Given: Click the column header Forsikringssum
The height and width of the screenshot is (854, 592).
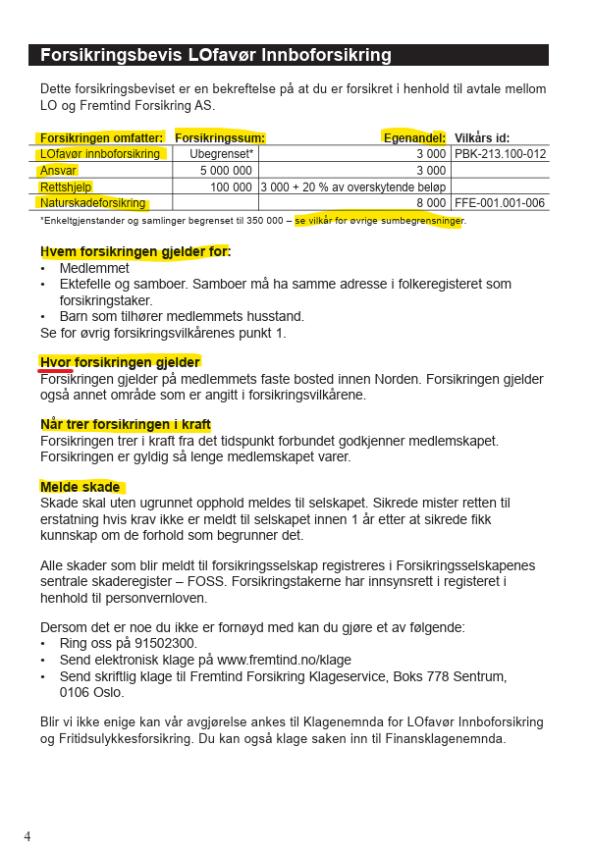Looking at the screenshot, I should (x=220, y=138).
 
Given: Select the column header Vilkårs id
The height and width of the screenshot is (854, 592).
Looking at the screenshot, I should (x=482, y=138).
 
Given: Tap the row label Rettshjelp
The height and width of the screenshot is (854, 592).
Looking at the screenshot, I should (x=67, y=187).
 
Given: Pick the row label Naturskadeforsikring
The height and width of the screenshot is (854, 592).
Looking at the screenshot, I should (x=93, y=203).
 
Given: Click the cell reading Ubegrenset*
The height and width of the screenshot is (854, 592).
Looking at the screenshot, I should (x=221, y=154).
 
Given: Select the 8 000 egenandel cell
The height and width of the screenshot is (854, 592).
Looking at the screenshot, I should (x=430, y=203).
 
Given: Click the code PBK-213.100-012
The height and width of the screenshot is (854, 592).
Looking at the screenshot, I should (x=500, y=154).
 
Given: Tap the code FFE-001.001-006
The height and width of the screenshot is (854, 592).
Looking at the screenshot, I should (x=500, y=203).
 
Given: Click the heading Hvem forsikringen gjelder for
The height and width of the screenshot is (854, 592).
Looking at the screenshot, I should (x=135, y=252).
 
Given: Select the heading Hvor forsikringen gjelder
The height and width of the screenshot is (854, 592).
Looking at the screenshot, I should (x=120, y=362).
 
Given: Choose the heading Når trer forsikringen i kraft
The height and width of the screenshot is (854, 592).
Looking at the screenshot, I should (x=126, y=425).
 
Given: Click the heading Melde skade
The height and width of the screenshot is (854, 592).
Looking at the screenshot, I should (x=81, y=487).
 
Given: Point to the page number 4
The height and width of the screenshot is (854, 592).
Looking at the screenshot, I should (x=27, y=836).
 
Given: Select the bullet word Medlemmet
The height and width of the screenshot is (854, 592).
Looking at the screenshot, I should (x=94, y=268).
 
